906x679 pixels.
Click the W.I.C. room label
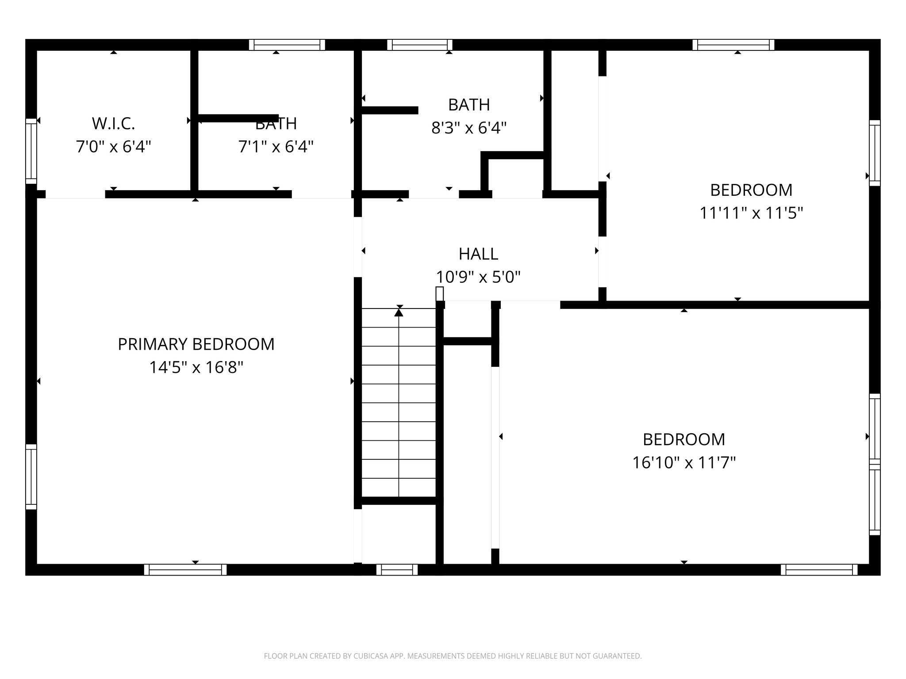[113, 124]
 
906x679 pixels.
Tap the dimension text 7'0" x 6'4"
[113, 146]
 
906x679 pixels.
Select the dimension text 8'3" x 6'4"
[468, 128]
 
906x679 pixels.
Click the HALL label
[478, 254]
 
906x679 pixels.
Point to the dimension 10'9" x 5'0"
[478, 277]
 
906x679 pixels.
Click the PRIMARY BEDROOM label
[196, 344]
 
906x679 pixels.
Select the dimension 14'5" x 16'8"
[196, 367]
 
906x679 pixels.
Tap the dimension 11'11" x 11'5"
[751, 213]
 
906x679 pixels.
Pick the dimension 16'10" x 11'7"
[683, 463]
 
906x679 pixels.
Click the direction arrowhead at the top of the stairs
[399, 313]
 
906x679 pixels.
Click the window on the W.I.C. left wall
[31, 151]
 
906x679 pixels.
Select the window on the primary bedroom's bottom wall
[185, 569]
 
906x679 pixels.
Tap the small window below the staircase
[397, 569]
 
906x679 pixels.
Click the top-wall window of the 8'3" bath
[419, 45]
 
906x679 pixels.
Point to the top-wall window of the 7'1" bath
[287, 45]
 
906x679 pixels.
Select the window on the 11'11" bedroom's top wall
[733, 45]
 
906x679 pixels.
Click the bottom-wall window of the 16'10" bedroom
[819, 569]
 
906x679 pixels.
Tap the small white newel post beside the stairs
[439, 294]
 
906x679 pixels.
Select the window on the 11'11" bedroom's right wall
[875, 153]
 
